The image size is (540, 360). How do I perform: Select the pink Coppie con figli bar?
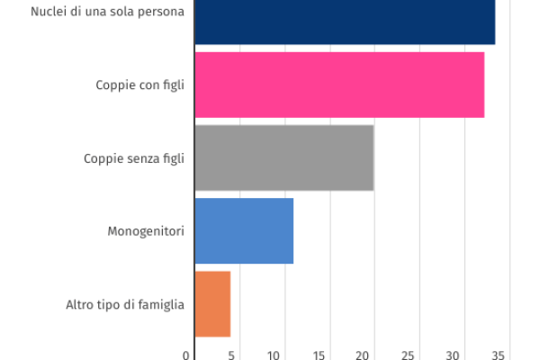coord(339,85)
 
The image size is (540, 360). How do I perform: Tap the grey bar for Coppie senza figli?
coord(284,157)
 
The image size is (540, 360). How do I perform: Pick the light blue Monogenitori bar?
coord(244,230)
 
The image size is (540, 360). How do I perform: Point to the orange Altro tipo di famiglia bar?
coord(212,303)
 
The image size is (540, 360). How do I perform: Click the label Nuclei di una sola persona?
coord(107,13)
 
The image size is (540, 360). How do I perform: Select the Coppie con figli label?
coord(139,85)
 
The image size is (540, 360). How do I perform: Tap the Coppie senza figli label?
coord(134,158)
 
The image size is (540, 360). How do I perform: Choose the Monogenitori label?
coord(146,231)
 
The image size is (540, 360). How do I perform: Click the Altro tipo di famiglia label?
coord(125,304)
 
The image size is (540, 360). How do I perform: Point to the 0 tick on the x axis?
coord(187,355)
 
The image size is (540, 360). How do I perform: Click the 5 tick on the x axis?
coord(232,355)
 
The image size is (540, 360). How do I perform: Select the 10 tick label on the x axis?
coord(276,355)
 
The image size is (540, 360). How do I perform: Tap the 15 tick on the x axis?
coord(320,355)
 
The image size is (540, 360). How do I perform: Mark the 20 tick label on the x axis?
coord(365,355)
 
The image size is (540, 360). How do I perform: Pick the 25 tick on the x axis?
coord(409,355)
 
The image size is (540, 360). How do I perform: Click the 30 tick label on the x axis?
coord(454,355)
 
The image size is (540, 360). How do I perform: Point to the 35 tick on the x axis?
coord(499,355)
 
